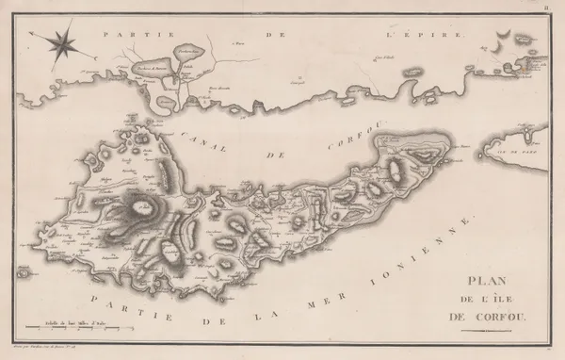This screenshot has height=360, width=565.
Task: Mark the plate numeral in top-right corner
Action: [557, 6]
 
